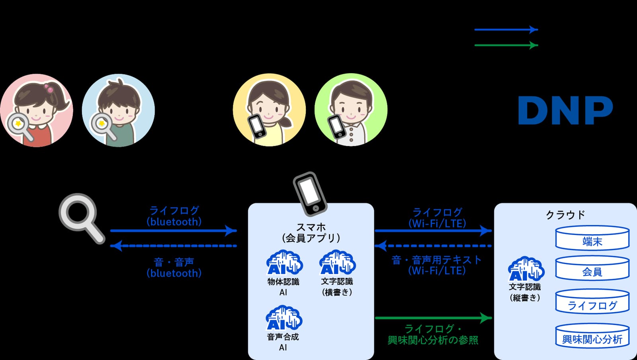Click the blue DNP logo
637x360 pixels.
[x=565, y=110]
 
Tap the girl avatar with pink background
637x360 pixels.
[x=36, y=110]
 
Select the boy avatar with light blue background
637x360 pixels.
[x=118, y=110]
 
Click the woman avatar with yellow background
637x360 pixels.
[x=269, y=110]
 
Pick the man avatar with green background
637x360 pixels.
[x=351, y=110]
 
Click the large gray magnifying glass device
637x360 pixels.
[x=82, y=218]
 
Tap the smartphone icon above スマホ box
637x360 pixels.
[x=310, y=194]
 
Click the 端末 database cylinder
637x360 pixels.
[x=592, y=238]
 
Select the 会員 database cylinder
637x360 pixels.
[x=592, y=268]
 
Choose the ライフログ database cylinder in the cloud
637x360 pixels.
[x=592, y=302]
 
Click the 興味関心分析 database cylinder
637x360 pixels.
[x=592, y=336]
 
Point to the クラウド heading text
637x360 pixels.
[x=565, y=215]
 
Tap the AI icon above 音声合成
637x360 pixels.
[x=283, y=318]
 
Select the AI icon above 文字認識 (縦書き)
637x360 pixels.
[x=526, y=269]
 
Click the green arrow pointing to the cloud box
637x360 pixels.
[x=434, y=318]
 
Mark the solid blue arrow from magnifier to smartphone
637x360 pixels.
[x=174, y=231]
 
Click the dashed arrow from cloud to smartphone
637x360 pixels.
[x=433, y=246]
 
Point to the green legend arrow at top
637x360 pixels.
[x=506, y=45]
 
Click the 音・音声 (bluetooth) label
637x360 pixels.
[x=174, y=267]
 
